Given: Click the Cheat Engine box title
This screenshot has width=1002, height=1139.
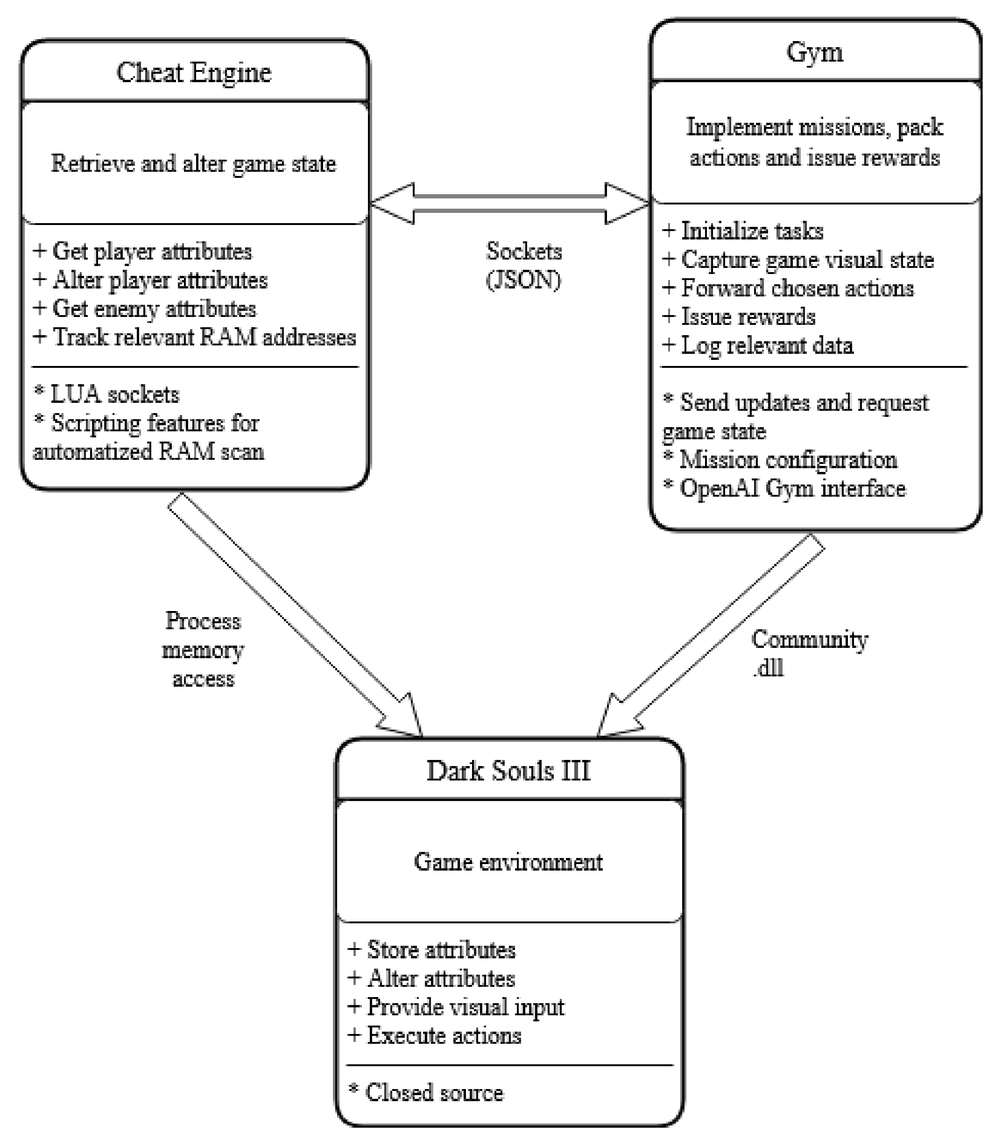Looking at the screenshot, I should tap(194, 73).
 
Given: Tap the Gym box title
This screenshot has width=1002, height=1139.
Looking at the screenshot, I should tap(814, 52).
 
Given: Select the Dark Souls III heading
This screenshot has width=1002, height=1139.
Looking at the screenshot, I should tap(508, 771).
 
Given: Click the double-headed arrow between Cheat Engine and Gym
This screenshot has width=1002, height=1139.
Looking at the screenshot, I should tap(509, 204).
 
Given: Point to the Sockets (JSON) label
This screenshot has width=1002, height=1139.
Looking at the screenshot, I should tap(523, 266).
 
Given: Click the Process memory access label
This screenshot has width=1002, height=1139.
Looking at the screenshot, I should tap(203, 650).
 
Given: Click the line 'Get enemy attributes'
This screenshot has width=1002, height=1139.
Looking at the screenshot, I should tap(145, 309).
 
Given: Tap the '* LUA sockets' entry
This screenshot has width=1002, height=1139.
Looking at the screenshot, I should tap(106, 394).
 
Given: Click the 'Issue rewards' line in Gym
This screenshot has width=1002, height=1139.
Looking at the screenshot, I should tap(739, 316).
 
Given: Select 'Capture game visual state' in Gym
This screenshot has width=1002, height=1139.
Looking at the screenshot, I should tap(798, 260).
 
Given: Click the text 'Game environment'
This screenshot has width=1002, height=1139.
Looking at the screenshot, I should tap(508, 862).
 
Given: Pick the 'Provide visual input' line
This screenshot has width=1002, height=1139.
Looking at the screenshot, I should tap(456, 1006).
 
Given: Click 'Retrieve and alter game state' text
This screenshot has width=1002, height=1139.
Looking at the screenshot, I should tap(194, 164).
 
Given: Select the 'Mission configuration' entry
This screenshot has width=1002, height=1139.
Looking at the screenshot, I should tap(780, 460).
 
